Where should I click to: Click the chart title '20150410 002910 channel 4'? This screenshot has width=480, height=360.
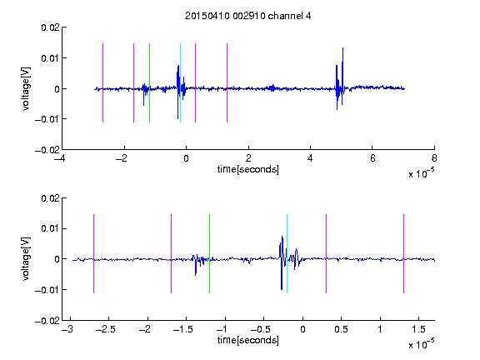(x=247, y=16)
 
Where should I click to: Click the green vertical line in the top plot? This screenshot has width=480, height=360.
(x=149, y=83)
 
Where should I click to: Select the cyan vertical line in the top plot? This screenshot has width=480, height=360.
(x=180, y=83)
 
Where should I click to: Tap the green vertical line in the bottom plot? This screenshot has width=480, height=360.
(x=209, y=254)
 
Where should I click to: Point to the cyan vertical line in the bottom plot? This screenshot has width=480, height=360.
(x=287, y=254)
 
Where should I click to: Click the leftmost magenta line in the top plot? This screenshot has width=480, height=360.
(x=102, y=83)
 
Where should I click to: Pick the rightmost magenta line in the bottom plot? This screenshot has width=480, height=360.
(x=403, y=254)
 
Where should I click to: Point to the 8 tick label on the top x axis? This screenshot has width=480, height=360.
(x=434, y=158)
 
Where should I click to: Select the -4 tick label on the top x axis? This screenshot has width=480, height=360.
(x=60, y=158)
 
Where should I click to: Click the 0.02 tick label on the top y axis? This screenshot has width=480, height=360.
(x=50, y=27)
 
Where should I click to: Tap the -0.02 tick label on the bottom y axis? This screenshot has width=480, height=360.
(x=47, y=321)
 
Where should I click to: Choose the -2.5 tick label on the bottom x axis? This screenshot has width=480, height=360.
(x=106, y=329)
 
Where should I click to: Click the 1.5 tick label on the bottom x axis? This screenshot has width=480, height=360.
(x=418, y=329)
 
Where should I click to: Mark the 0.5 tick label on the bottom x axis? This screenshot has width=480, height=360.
(x=341, y=329)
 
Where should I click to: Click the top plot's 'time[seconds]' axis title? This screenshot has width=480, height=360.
(x=248, y=169)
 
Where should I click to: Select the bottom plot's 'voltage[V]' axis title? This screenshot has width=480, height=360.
(x=26, y=259)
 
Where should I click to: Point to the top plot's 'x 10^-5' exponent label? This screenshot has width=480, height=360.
(x=421, y=173)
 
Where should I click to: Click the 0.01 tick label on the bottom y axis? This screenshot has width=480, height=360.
(x=50, y=228)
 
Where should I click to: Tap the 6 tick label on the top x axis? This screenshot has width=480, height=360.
(x=372, y=158)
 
